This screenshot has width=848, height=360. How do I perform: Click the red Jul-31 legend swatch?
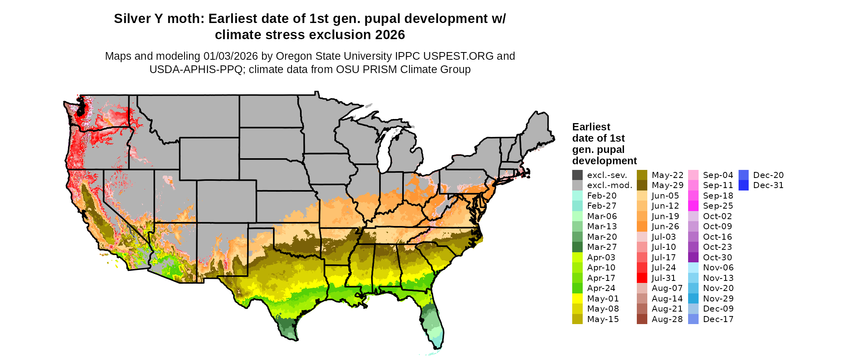point(642,278)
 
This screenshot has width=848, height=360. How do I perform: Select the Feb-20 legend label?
point(602,196)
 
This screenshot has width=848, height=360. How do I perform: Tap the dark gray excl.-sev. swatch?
point(577,175)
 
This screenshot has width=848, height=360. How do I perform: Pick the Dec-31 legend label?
point(768,185)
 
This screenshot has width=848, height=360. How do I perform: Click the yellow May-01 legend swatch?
point(577,299)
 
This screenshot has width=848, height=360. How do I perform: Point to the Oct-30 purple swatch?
point(693,257)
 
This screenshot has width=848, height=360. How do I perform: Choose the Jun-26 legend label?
point(665,226)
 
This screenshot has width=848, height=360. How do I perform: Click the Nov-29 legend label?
point(718,299)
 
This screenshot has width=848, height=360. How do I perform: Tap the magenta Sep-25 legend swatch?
point(693,206)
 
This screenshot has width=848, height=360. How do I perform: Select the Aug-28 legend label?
point(667,319)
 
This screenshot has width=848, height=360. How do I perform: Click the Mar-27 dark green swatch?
point(577,247)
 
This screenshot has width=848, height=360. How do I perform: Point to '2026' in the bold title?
point(390,35)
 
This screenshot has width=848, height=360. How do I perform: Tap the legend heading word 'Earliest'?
point(591,127)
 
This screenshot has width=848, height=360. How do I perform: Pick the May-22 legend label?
point(667,175)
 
